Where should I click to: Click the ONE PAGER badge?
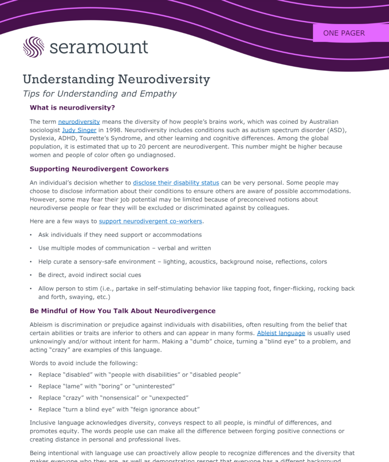click(344, 33)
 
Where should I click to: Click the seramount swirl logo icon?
click(33, 47)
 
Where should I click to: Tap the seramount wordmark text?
click(99, 47)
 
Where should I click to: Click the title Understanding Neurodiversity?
click(116, 79)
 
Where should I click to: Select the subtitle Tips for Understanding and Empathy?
click(100, 94)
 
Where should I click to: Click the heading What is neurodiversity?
click(72, 108)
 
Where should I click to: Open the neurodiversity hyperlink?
click(79, 122)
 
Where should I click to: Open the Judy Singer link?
click(79, 130)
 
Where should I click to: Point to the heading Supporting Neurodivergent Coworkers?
click(99, 169)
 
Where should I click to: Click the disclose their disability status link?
click(176, 183)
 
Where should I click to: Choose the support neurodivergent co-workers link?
click(151, 221)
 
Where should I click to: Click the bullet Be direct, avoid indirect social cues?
click(90, 275)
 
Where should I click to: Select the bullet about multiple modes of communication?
click(124, 248)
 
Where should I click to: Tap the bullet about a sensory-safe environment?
click(183, 262)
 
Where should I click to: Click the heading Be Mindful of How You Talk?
click(123, 311)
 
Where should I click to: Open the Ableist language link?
click(281, 333)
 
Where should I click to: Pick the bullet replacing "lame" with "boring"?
click(106, 386)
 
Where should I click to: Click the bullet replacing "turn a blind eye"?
click(119, 410)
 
